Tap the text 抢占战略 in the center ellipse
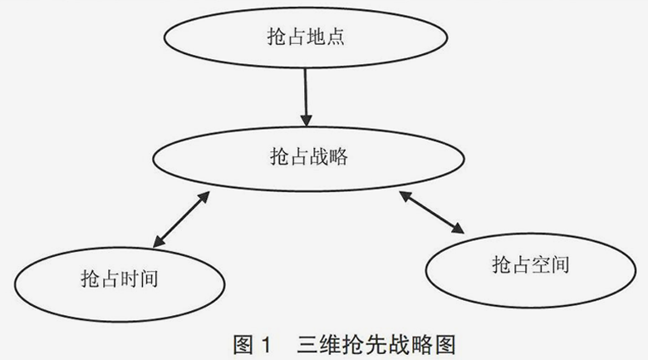309,156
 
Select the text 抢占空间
531,265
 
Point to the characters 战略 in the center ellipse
327,156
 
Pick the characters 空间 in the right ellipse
550,265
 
